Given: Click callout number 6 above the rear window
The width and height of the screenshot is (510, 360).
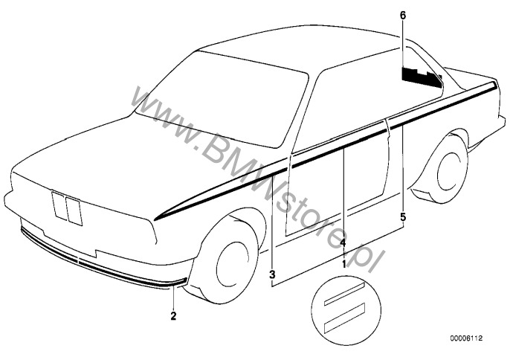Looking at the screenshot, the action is click(403, 16).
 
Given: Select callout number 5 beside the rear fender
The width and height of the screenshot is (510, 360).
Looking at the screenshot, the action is click(403, 216).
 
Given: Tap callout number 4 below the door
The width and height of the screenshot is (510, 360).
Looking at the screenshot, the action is click(343, 242).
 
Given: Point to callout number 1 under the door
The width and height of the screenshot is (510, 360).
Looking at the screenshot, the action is click(343, 264).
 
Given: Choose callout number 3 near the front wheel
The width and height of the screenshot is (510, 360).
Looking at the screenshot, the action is click(272, 274).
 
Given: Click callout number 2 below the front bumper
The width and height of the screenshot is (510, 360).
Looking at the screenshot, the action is click(173, 315).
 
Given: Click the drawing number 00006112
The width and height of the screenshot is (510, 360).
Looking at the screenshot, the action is click(466, 338).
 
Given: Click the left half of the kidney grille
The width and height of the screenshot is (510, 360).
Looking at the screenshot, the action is click(59, 205).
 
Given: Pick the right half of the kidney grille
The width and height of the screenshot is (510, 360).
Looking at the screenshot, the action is click(74, 211).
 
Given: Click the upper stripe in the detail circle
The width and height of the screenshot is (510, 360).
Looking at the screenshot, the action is click(344, 293).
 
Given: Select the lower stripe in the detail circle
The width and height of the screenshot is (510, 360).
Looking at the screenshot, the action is click(344, 318).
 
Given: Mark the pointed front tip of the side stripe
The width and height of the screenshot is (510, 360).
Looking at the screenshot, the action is click(154, 220).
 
